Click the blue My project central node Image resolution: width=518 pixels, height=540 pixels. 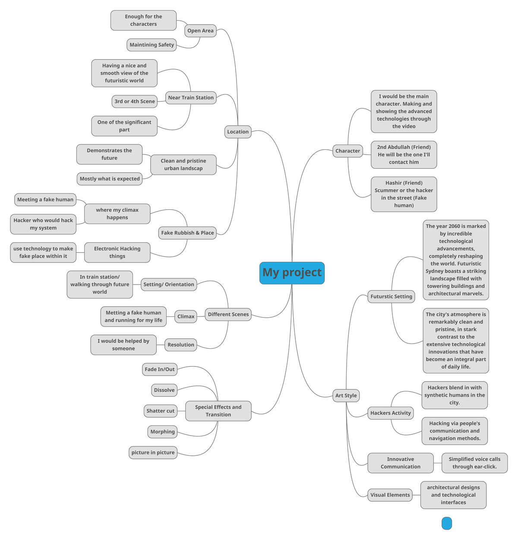click(292, 273)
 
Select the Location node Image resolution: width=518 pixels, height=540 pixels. click(238, 132)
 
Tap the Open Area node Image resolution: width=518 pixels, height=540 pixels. click(200, 31)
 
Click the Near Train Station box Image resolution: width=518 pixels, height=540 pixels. click(191, 98)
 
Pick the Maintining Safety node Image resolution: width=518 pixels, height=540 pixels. click(152, 45)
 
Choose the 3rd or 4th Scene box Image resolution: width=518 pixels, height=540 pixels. click(135, 101)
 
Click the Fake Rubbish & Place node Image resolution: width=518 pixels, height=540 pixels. click(187, 233)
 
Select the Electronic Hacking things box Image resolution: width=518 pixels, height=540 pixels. click(117, 253)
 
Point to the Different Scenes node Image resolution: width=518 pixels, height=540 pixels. click(228, 314)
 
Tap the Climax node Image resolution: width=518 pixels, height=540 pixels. click(186, 316)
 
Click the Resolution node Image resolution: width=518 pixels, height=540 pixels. click(181, 345)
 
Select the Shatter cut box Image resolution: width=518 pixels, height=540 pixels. click(160, 411)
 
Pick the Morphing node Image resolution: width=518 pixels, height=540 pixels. click(162, 432)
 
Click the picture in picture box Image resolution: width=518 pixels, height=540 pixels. click(153, 452)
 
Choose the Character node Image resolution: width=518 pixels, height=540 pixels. click(347, 151)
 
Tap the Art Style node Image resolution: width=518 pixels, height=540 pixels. click(346, 395)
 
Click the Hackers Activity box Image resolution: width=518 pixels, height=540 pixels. click(390, 413)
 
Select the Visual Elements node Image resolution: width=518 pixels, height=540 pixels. click(390, 495)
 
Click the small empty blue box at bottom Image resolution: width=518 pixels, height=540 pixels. click(447, 524)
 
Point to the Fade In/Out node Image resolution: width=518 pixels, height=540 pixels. click(160, 369)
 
